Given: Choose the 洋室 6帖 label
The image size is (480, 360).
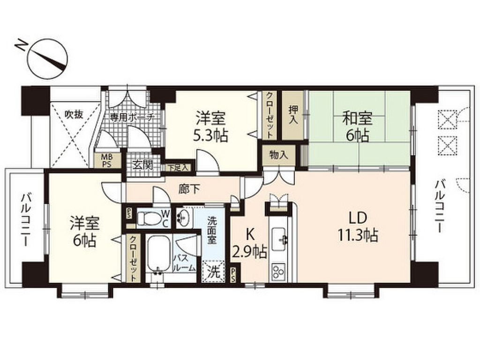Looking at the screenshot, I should (83, 232).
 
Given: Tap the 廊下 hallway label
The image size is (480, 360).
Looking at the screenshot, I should (189, 189).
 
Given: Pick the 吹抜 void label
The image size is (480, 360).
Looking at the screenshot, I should (74, 114).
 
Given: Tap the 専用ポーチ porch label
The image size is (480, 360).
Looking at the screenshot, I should (132, 117).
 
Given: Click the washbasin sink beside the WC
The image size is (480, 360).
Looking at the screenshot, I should (183, 217).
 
